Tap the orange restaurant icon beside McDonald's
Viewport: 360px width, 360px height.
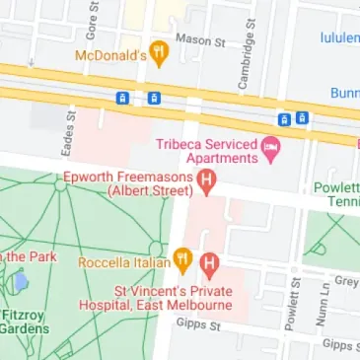pyautogui.click(x=158, y=51)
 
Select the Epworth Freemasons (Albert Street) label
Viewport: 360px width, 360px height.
pyautogui.click(x=126, y=182)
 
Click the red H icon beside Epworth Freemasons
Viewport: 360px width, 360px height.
pyautogui.click(x=207, y=180)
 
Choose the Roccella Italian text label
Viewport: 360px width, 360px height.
pyautogui.click(x=123, y=262)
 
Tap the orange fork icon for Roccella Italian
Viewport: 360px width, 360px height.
pyautogui.click(x=182, y=261)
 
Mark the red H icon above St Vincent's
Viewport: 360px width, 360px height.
pyautogui.click(x=208, y=263)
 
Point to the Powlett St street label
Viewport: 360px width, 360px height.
pyautogui.click(x=293, y=308)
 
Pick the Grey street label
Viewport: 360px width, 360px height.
pyautogui.click(x=346, y=280)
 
